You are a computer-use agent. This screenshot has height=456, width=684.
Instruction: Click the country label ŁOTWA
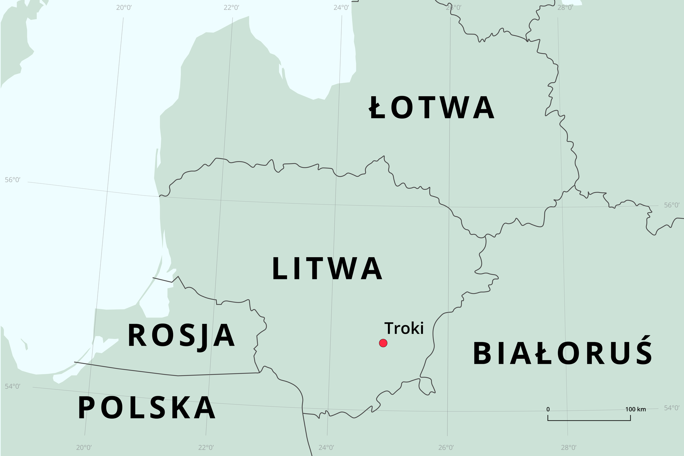[x=431, y=107]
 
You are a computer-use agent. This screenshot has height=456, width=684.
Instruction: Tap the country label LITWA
[x=327, y=269]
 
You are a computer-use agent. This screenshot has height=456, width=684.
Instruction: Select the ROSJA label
[x=181, y=335]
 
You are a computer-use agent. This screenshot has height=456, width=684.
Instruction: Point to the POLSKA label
[x=147, y=408]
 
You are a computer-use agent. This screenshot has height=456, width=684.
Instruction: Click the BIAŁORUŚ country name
[x=563, y=353]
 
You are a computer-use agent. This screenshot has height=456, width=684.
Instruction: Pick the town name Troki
[x=404, y=328]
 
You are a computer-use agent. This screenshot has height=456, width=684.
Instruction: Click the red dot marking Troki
[x=383, y=343]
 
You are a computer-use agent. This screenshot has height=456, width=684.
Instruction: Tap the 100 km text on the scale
[x=635, y=409]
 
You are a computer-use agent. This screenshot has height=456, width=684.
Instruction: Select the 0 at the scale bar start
[x=548, y=409]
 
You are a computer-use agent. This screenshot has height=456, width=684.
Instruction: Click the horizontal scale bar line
[x=589, y=420]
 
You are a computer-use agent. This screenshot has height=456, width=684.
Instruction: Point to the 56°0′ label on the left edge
[x=12, y=180]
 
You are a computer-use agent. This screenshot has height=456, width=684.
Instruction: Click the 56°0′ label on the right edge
[x=672, y=205]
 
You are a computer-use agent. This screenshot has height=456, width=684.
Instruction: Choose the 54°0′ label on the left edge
[x=12, y=387]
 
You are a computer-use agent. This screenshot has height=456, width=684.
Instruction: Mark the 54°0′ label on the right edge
[x=672, y=408]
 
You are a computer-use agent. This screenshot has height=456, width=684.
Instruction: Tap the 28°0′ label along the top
[x=565, y=7]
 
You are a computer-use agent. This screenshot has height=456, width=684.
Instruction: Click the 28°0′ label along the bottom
[x=569, y=447]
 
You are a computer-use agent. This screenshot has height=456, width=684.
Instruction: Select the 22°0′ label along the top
[x=231, y=7]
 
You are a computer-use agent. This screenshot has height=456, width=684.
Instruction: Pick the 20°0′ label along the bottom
[x=84, y=447]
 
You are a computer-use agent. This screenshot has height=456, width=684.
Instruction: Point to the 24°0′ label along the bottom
[x=326, y=447]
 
